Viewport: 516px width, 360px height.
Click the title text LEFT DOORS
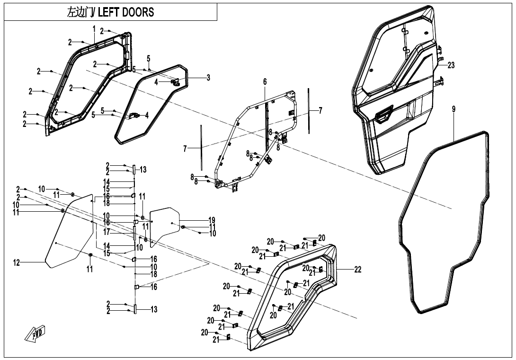click(x=126, y=12)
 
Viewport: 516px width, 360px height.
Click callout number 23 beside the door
click(x=451, y=65)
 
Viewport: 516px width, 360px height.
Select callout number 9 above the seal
click(x=454, y=109)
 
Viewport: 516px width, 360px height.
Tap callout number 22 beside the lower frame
click(x=358, y=270)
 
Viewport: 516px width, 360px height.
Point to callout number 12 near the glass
click(x=17, y=263)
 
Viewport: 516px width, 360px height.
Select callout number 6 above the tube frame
click(x=265, y=82)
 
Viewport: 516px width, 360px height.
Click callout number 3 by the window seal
click(x=208, y=78)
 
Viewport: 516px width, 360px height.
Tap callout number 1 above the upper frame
click(x=94, y=28)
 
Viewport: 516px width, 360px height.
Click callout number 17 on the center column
click(x=107, y=232)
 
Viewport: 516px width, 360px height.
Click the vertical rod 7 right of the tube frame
click(x=309, y=110)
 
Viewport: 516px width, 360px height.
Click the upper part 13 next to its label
click(x=134, y=170)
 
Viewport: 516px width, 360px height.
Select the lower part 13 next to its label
click(x=135, y=309)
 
